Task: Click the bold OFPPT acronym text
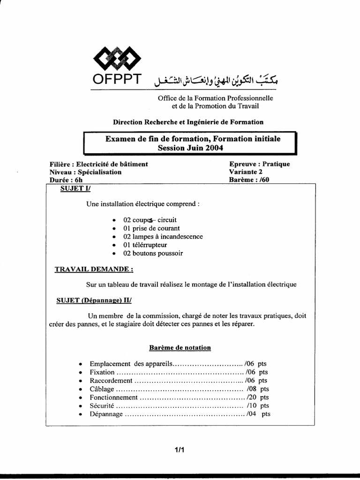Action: pyautogui.click(x=117, y=80)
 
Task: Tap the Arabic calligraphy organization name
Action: pyautogui.click(x=216, y=81)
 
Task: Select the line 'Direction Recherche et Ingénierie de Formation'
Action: pyautogui.click(x=188, y=122)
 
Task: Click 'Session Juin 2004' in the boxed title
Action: pyautogui.click(x=190, y=148)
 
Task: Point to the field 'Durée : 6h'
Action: pyautogui.click(x=66, y=180)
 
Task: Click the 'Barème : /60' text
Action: pyautogui.click(x=250, y=180)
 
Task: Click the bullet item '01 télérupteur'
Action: pyautogui.click(x=145, y=245)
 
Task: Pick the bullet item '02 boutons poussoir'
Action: pyautogui.click(x=153, y=253)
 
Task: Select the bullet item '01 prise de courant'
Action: pyautogui.click(x=151, y=228)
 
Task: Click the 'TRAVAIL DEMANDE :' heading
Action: pyautogui.click(x=94, y=270)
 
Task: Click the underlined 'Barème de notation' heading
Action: pyautogui.click(x=180, y=348)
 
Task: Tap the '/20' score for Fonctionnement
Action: pyautogui.click(x=252, y=397)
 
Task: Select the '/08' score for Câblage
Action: pyautogui.click(x=252, y=389)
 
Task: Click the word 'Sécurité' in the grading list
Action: pyautogui.click(x=102, y=405)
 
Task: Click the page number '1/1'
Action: pyautogui.click(x=180, y=450)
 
